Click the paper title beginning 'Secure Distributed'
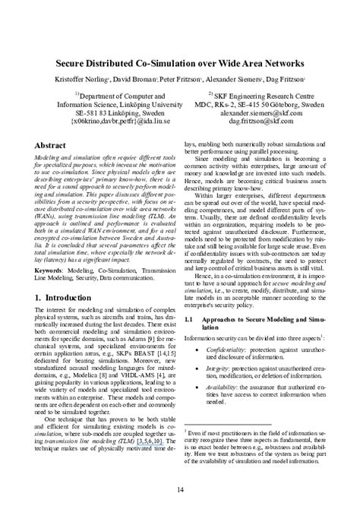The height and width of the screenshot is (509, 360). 179,63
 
